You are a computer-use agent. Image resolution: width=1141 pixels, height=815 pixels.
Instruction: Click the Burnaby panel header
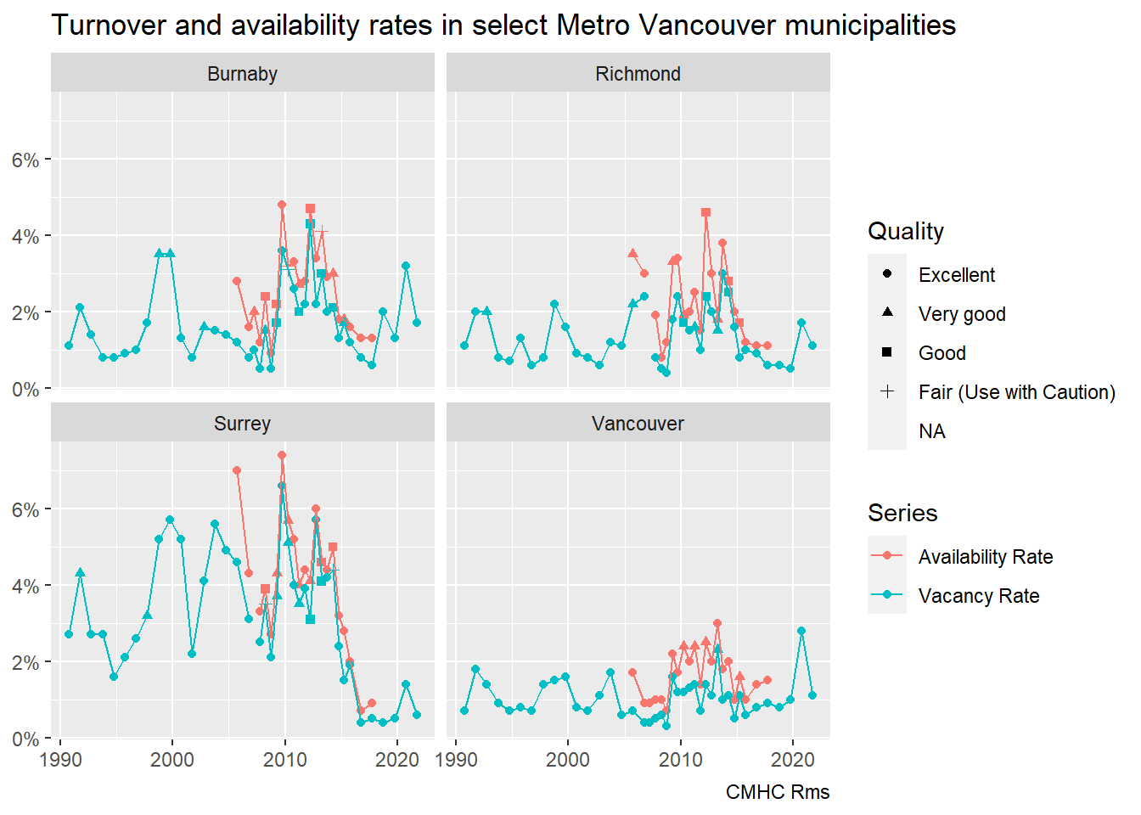pyautogui.click(x=242, y=74)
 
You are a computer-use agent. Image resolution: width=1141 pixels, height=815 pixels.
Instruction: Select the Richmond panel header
pyautogui.click(x=638, y=74)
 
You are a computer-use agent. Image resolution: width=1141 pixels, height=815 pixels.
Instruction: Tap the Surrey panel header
pyautogui.click(x=242, y=424)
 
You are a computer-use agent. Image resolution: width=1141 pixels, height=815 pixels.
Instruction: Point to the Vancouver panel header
pyautogui.click(x=638, y=424)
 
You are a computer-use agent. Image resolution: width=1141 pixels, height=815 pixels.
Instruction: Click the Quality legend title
pyautogui.click(x=906, y=231)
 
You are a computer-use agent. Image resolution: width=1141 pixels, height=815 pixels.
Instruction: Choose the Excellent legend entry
pyautogui.click(x=956, y=275)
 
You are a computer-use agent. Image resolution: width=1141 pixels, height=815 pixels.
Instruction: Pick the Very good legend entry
pyautogui.click(x=961, y=314)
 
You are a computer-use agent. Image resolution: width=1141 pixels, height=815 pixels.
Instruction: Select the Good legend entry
pyautogui.click(x=941, y=353)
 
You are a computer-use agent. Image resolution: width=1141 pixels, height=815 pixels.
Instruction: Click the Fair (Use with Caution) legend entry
pyautogui.click(x=1016, y=392)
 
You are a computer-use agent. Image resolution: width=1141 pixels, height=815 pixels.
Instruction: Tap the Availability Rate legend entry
pyautogui.click(x=985, y=557)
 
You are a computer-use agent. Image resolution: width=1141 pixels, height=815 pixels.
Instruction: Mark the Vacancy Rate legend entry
pyautogui.click(x=978, y=596)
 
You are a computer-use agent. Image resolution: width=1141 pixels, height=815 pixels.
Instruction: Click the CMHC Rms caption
pyautogui.click(x=777, y=792)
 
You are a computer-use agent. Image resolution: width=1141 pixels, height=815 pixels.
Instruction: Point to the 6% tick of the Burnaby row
pyautogui.click(x=25, y=160)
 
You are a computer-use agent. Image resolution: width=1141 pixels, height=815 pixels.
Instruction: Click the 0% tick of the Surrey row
pyautogui.click(x=25, y=739)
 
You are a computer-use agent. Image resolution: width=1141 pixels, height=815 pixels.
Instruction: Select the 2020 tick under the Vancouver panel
pyautogui.click(x=793, y=759)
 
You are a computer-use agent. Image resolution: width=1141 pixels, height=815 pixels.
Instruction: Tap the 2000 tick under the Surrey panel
pyautogui.click(x=172, y=759)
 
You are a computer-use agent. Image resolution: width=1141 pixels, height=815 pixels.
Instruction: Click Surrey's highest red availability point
pyautogui.click(x=282, y=456)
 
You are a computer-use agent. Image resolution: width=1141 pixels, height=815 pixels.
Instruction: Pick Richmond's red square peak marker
pyautogui.click(x=705, y=213)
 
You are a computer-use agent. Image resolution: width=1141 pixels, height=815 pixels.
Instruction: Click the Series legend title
pyautogui.click(x=902, y=513)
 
